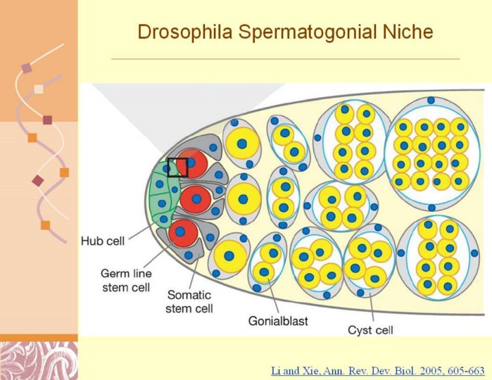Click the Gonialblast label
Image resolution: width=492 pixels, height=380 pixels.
point(277,322)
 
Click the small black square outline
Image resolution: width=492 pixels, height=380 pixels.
point(177,167)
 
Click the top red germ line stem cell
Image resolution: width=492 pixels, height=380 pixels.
point(191,165)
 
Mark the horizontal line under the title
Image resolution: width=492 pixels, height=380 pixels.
point(285,59)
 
